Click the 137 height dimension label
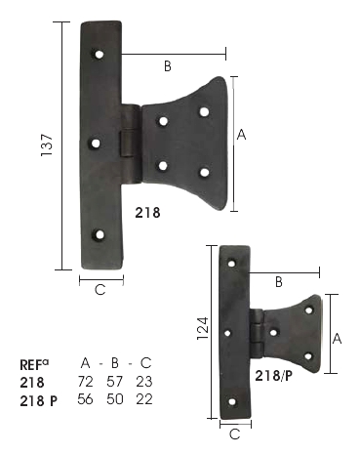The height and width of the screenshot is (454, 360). (x=47, y=144)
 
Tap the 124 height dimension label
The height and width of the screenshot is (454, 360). (x=203, y=328)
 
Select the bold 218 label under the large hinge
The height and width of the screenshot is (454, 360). (x=147, y=213)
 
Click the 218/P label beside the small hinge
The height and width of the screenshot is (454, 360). (x=273, y=376)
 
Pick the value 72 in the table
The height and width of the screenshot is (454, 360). (x=85, y=382)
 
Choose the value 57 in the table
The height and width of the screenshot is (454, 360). (x=115, y=382)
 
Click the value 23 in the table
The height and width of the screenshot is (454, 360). (x=144, y=382)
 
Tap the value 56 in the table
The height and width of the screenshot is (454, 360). (x=85, y=399)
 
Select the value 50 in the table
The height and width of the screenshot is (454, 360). (x=115, y=399)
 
